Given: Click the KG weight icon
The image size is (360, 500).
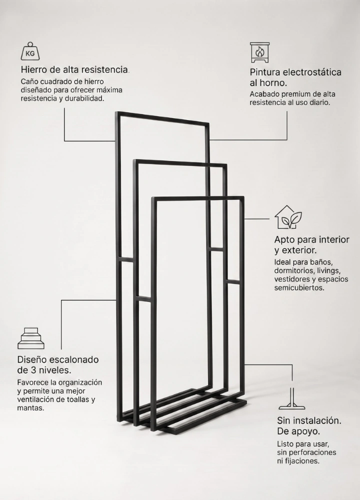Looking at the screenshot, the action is tap(30, 51).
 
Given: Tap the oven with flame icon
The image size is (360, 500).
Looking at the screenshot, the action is tap(259, 52).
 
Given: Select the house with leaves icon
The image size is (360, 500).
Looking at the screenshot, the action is tap(288, 217).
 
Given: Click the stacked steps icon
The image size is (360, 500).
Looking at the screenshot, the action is tap(31, 338).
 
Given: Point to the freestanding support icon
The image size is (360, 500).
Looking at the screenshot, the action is tap(292, 398).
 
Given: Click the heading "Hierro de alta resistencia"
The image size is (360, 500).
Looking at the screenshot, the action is tap(74, 69).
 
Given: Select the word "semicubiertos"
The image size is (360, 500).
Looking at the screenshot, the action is tap(299, 287).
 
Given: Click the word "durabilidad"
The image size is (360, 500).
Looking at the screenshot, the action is tap(84, 98).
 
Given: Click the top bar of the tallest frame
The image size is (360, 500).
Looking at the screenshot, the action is tap(162, 117).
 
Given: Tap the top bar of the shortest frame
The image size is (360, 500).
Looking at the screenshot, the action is tap(197, 198).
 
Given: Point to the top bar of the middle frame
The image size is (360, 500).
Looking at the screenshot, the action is tap(180, 162).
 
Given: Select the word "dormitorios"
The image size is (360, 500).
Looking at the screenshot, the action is tap(294, 270).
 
